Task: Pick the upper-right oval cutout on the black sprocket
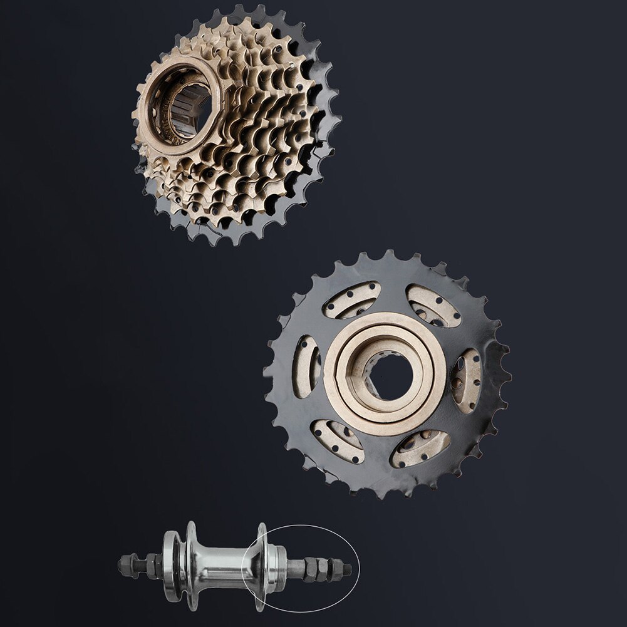433,305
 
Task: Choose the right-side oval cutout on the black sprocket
467,381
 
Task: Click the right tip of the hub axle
348,569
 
